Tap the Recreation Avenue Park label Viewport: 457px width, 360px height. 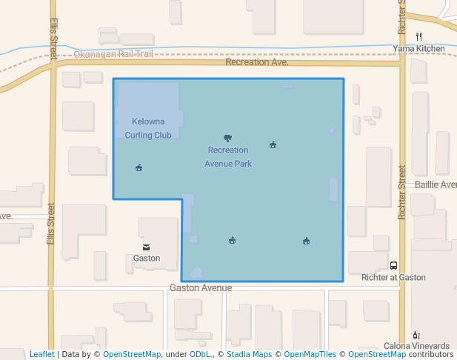click(x=228, y=156)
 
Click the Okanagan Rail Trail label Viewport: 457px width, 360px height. click(x=113, y=54)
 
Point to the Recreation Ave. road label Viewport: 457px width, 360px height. click(x=256, y=62)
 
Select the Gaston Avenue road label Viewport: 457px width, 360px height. click(x=201, y=287)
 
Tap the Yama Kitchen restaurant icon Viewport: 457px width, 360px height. click(x=419, y=36)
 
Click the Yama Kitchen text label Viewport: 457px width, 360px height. click(x=419, y=49)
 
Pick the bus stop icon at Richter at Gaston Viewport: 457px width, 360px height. click(x=393, y=265)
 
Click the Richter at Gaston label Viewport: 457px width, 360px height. click(x=393, y=277)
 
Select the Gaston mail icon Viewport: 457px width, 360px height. click(x=147, y=247)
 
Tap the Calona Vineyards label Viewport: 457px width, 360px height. click(x=416, y=346)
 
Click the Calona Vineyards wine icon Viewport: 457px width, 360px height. click(x=416, y=335)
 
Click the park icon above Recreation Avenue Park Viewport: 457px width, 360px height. click(x=227, y=138)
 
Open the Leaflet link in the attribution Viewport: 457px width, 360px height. click(x=41, y=354)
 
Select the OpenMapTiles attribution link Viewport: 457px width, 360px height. click(x=305, y=354)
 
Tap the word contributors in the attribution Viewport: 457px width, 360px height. click(x=431, y=354)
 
